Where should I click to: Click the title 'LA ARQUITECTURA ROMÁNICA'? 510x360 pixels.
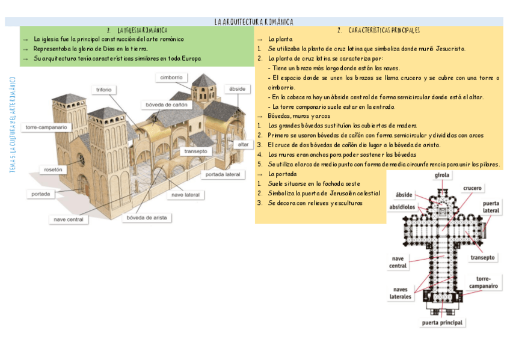pyautogui.click(x=254, y=22)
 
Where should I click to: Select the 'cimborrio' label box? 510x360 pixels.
pyautogui.click(x=172, y=78)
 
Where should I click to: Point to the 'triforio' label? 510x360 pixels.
pyautogui.click(x=103, y=90)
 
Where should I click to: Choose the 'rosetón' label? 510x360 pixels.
pyautogui.click(x=53, y=169)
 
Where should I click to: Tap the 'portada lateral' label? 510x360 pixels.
pyautogui.click(x=223, y=174)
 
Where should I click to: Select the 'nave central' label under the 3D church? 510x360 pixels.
pyautogui.click(x=69, y=219)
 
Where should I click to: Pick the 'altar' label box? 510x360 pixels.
pyautogui.click(x=242, y=144)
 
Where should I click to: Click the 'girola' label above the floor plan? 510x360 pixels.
pyautogui.click(x=442, y=175)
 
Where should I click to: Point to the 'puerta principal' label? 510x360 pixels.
pyautogui.click(x=442, y=323)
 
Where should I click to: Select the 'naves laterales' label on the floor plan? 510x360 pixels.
pyautogui.click(x=400, y=293)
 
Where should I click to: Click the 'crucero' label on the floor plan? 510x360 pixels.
pyautogui.click(x=472, y=188)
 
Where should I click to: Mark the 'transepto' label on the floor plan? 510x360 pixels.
pyautogui.click(x=482, y=257)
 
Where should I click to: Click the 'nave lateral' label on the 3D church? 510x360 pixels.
pyautogui.click(x=185, y=195)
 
